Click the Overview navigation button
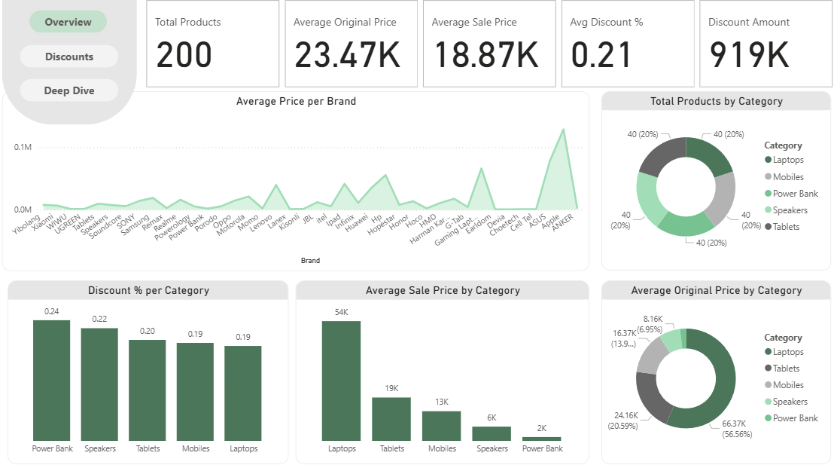coord(68,22)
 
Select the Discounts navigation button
coord(68,57)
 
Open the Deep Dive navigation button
coord(68,90)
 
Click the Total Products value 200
coord(184,56)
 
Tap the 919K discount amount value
coord(748,56)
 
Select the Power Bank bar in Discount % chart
coord(51,381)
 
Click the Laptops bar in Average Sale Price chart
coord(341,381)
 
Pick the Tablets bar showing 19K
coord(391,418)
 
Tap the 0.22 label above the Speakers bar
coord(99,319)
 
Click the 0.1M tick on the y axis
coord(23,147)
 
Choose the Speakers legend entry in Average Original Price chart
coord(790,402)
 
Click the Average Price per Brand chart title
coord(296,101)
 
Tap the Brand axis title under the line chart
coord(310,261)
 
